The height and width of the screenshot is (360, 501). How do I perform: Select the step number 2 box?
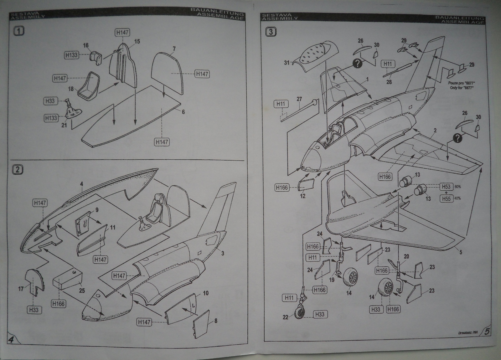(x=18, y=170)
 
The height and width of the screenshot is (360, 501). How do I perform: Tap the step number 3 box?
(x=271, y=32)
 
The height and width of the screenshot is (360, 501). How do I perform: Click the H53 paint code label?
(x=446, y=187)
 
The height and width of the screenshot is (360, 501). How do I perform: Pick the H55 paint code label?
(x=446, y=198)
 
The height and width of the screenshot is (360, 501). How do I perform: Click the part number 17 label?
(x=21, y=289)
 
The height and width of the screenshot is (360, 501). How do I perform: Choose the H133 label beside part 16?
(x=71, y=55)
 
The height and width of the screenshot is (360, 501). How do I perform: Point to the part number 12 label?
(x=302, y=196)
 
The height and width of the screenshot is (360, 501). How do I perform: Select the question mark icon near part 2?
(x=457, y=138)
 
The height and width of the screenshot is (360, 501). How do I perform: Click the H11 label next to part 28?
(x=387, y=64)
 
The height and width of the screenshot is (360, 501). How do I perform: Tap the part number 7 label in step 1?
(x=174, y=49)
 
